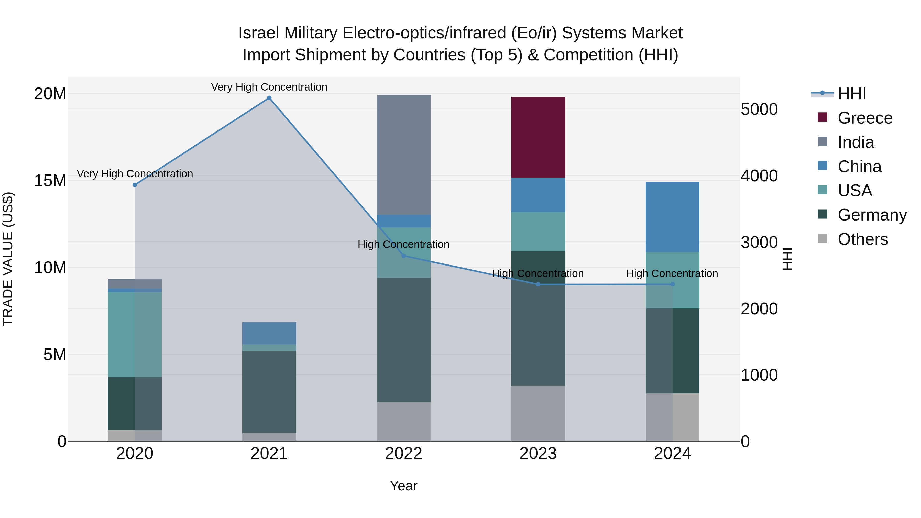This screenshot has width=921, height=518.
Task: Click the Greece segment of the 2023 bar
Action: click(538, 137)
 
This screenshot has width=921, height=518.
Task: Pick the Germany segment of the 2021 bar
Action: click(269, 392)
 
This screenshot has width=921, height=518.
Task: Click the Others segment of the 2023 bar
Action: click(538, 413)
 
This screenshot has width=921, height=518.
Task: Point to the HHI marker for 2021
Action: click(269, 98)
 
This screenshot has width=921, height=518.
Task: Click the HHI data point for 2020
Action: click(135, 185)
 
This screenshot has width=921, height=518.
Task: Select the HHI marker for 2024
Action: click(672, 284)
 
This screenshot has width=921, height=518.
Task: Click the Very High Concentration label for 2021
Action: click(269, 87)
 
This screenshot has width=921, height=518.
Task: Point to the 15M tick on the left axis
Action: click(50, 181)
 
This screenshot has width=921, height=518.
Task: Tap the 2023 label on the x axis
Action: click(538, 454)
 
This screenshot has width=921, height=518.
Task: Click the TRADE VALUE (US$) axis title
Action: click(8, 259)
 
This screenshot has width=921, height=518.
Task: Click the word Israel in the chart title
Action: click(258, 33)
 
